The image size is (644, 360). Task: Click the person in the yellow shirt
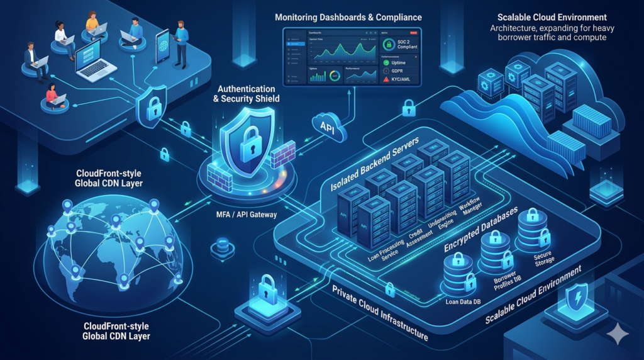click(x=92, y=23)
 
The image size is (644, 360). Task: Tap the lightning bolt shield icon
click(x=577, y=295)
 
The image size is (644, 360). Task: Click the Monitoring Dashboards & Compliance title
click(x=348, y=16)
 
